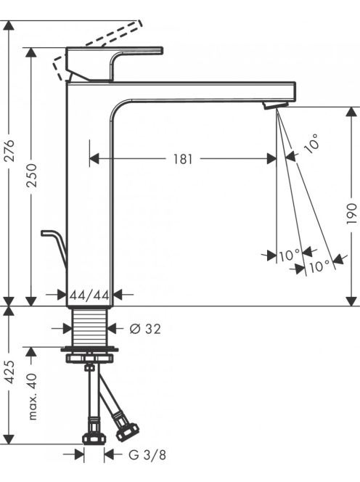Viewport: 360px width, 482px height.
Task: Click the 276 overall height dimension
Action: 10,151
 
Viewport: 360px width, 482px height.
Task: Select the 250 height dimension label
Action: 31,176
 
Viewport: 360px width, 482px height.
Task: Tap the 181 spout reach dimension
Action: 183,159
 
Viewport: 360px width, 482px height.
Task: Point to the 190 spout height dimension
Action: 352,213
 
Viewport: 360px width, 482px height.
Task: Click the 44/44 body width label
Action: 89,295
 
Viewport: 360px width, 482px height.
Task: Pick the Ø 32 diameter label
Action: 145,329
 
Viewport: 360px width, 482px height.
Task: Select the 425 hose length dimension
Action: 10,372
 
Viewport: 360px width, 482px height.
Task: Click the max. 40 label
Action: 32,396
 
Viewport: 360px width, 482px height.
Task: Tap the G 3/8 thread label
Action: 147,455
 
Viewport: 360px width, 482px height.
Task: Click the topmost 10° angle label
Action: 311,144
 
